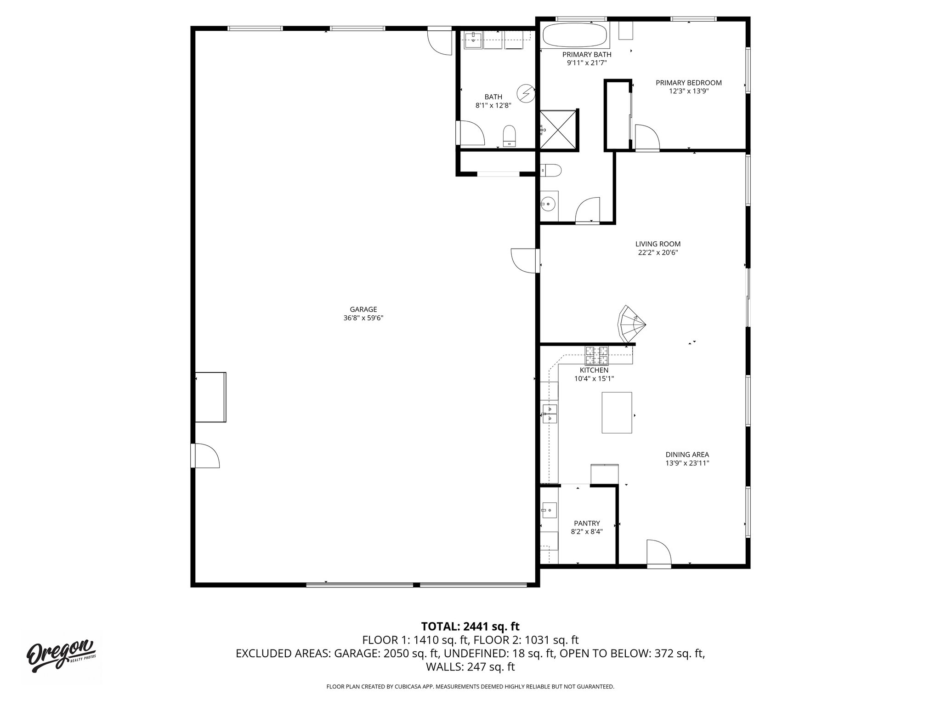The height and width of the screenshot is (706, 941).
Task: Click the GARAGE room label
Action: pos(363,309)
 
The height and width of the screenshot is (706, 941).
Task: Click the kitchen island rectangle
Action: pos(617,412)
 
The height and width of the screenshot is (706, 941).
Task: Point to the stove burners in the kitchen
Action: pos(596,354)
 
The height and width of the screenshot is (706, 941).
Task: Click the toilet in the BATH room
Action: pos(509,136)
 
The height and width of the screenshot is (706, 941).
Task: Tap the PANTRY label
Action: pos(587,523)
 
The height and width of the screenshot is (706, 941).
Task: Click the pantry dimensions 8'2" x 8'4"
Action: pos(587,532)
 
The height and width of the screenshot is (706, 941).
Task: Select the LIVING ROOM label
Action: pos(658,244)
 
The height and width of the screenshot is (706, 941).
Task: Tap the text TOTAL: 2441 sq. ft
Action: pos(470,626)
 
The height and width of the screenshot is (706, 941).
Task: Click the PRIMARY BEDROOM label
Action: pos(688,83)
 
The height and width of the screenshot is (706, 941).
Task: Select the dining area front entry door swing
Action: pos(658,552)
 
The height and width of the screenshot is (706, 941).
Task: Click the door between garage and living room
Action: pos(524,261)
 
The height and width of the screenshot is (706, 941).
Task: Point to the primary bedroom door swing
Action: pos(647,137)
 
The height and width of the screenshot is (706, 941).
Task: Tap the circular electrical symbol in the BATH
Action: pos(526,94)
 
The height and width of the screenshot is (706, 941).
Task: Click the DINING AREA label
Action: pos(687,455)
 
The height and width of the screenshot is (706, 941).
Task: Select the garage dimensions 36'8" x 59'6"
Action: pos(363,318)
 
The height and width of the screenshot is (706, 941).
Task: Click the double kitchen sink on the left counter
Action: pos(550,414)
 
